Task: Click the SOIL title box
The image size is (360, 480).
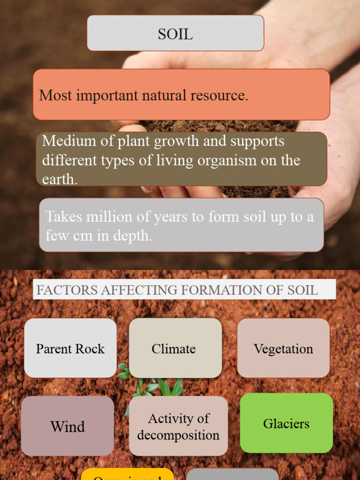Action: point(175,33)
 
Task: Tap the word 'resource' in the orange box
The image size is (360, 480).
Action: point(218,95)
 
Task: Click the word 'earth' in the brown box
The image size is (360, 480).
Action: point(59,180)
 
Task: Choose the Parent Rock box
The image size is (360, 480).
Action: point(70,348)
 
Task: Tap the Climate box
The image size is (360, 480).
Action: point(175,348)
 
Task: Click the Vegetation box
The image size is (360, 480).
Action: point(283,348)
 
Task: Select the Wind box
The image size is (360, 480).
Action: point(67,426)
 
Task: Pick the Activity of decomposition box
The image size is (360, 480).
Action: point(178,426)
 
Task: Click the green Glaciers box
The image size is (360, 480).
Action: point(286,423)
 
